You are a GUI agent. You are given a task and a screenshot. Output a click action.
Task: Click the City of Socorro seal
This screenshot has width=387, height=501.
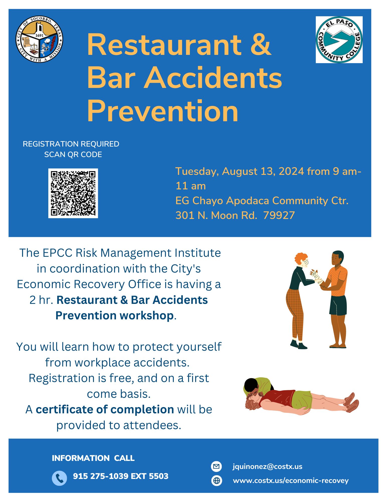tap(39, 39)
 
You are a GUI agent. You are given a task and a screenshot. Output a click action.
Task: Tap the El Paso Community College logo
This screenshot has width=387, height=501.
tap(339, 40)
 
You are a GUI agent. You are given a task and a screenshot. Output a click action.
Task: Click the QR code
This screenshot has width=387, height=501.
tap(73, 193)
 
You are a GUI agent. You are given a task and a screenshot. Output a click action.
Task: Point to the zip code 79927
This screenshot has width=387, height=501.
tap(279, 215)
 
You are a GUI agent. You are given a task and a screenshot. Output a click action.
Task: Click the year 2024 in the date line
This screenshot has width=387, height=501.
tap(291, 171)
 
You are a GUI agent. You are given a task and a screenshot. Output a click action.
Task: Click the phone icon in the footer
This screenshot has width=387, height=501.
tap(59, 478)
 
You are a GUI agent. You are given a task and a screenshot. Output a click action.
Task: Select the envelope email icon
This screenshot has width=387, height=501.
tap(216, 466)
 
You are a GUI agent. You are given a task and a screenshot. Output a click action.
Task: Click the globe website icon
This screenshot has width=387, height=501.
tap(216, 480)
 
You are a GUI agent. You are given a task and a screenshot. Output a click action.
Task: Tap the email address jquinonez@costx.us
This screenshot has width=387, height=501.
tap(267, 466)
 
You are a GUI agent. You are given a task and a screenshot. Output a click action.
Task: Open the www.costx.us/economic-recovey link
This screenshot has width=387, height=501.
tap(291, 480)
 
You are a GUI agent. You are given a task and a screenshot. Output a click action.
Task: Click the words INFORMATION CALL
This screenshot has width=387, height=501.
tap(93, 458)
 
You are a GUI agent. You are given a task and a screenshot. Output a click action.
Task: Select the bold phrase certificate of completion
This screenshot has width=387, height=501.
tap(105, 410)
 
